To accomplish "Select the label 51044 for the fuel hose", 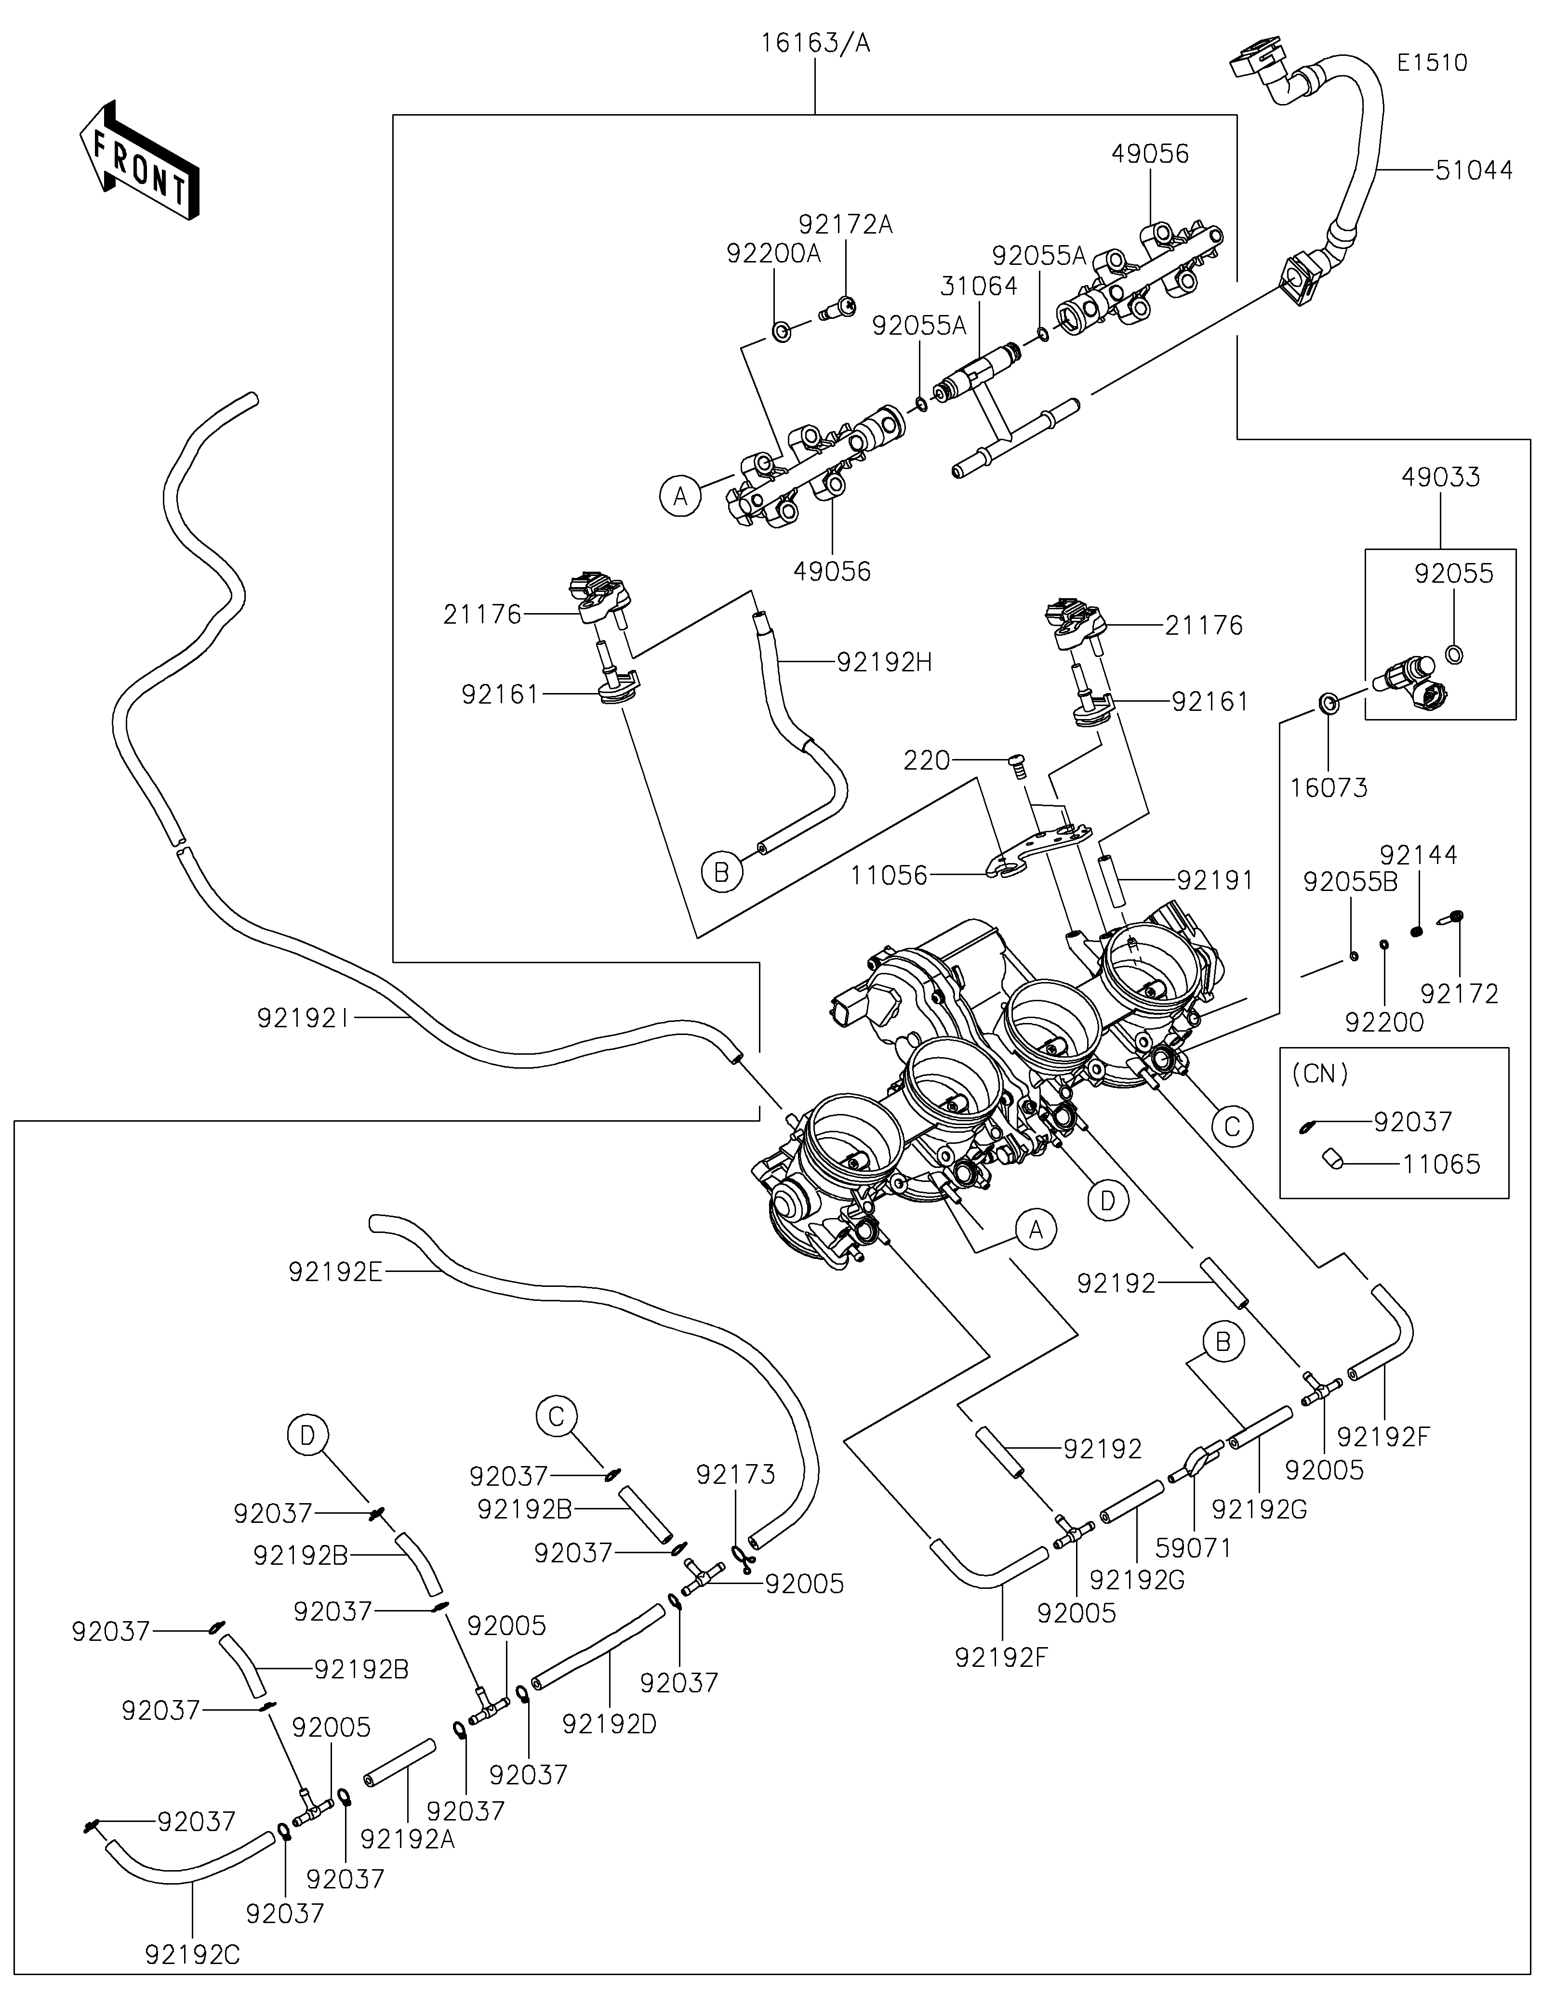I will tap(1474, 170).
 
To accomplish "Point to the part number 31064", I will tap(979, 286).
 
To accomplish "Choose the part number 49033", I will tap(1441, 477).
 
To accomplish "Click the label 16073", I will tap(1329, 787).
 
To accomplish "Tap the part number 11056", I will tap(889, 876).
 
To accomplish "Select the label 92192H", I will tap(884, 663).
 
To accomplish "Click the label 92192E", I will tap(335, 1272).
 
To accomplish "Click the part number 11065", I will tap(1441, 1164).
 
